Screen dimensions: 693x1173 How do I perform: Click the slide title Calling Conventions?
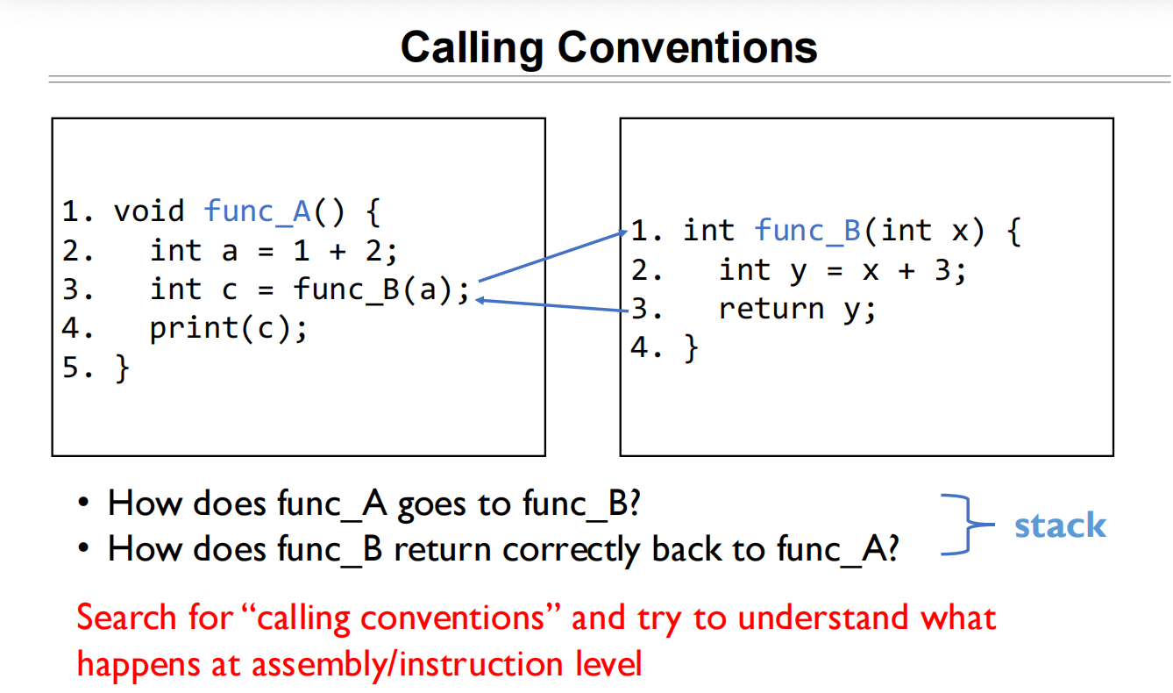(x=608, y=46)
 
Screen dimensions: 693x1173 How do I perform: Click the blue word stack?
(x=1059, y=525)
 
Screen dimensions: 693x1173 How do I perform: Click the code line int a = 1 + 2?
(x=274, y=251)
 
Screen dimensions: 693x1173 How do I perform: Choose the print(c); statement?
(x=229, y=328)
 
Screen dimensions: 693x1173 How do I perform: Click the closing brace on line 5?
(x=122, y=368)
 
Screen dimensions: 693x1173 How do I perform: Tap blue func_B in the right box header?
(x=808, y=231)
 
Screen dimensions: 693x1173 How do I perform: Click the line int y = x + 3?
(x=842, y=270)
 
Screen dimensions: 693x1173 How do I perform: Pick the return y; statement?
(x=797, y=309)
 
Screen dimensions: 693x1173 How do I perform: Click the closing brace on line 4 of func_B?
(x=692, y=348)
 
